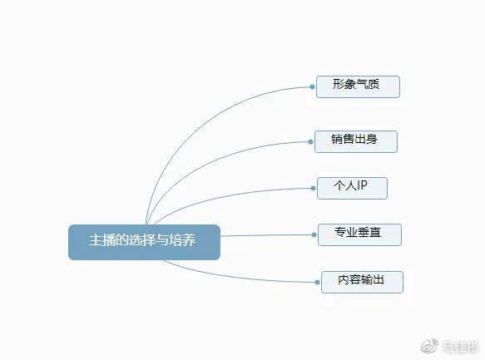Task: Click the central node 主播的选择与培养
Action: coord(144,242)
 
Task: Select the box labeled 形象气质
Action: coord(358,86)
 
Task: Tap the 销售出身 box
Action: coord(356,141)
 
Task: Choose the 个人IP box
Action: coord(352,188)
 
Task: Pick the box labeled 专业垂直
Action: coord(359,234)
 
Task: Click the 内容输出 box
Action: coord(362,282)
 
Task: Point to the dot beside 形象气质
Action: coord(312,86)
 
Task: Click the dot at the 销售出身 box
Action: coord(310,142)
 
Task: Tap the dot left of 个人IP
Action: coord(313,188)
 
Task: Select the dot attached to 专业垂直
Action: coord(314,234)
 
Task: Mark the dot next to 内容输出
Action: coord(317,282)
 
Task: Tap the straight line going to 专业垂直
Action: coord(266,235)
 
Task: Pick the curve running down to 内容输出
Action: coord(235,277)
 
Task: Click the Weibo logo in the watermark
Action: coord(429,346)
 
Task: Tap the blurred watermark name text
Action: coord(460,347)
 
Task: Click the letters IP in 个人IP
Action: coord(362,185)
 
